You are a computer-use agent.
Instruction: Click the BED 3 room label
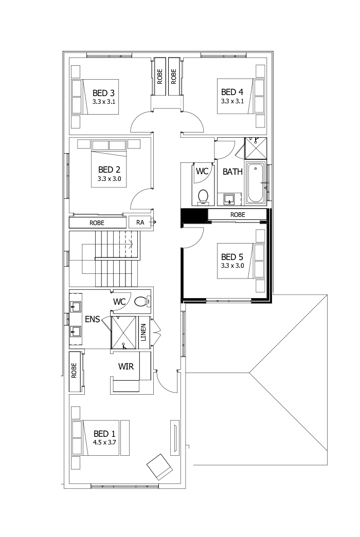tap(103, 92)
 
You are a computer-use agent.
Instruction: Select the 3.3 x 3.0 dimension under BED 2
tap(109, 179)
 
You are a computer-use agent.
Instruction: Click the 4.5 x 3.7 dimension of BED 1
tap(104, 441)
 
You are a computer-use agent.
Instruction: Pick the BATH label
tap(232, 172)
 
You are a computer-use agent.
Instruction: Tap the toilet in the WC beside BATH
tap(203, 196)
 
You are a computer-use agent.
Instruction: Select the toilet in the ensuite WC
tap(140, 302)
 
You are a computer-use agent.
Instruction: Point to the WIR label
tap(127, 367)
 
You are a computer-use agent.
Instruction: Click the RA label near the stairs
tap(140, 223)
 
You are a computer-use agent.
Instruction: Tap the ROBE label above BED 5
tap(238, 215)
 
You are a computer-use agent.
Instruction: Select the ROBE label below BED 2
tap(97, 223)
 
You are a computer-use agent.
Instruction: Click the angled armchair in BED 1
tap(159, 466)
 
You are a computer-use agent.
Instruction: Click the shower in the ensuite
tap(123, 331)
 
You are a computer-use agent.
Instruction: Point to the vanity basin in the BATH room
tap(229, 198)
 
